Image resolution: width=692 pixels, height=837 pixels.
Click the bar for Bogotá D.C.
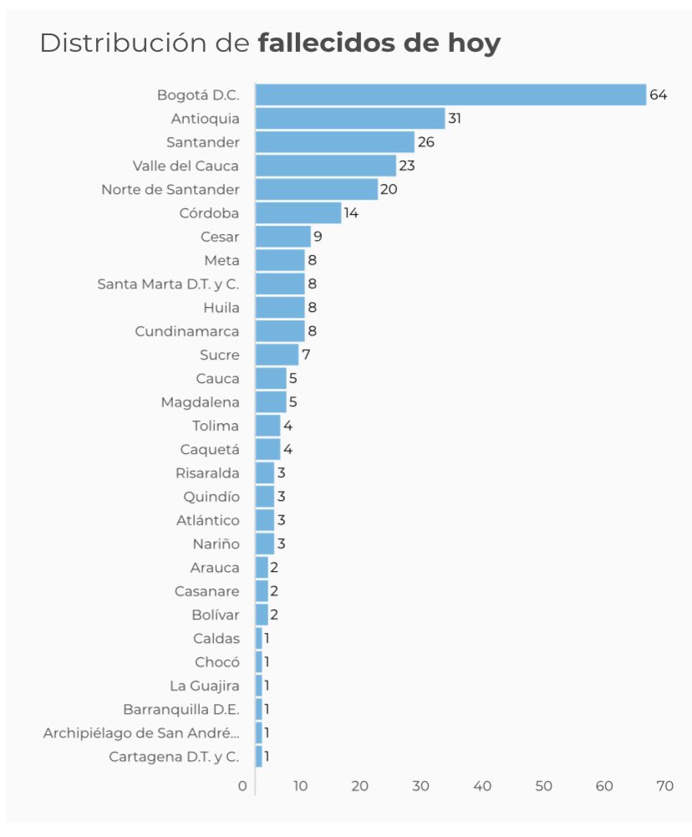(450, 94)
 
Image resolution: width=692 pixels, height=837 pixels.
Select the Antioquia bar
(350, 118)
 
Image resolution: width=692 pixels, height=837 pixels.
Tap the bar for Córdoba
(298, 212)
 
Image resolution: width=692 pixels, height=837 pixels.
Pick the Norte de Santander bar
(317, 189)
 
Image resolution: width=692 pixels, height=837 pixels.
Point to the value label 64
(658, 94)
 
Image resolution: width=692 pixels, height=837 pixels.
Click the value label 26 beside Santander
(426, 142)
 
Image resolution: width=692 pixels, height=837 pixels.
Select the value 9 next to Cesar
(318, 237)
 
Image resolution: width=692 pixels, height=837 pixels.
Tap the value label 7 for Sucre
(306, 355)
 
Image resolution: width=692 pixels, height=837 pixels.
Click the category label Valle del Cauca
(186, 166)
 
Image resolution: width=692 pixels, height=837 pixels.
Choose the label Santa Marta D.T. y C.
(168, 283)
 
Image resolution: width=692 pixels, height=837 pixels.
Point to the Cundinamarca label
(186, 331)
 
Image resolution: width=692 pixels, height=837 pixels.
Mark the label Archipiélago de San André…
(141, 733)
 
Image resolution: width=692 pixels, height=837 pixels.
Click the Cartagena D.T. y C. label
(174, 757)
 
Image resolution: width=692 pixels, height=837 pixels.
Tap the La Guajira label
(204, 686)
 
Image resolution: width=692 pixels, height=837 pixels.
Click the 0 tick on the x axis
(242, 786)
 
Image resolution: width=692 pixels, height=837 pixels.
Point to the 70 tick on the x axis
(664, 786)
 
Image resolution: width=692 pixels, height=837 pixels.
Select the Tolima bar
(267, 426)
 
